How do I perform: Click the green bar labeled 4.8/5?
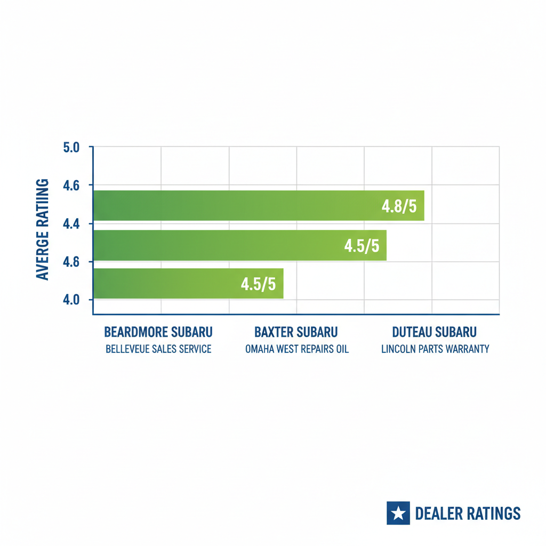(x=235, y=205)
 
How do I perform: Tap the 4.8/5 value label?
(x=399, y=206)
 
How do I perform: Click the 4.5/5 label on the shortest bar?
(x=258, y=284)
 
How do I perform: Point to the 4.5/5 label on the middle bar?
(x=362, y=246)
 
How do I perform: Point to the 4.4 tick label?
(x=71, y=224)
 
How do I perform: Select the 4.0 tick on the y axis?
(x=71, y=300)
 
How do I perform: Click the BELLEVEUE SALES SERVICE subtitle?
(x=158, y=349)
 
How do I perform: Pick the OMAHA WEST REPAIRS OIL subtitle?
(x=297, y=349)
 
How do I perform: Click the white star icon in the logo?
(x=398, y=513)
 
